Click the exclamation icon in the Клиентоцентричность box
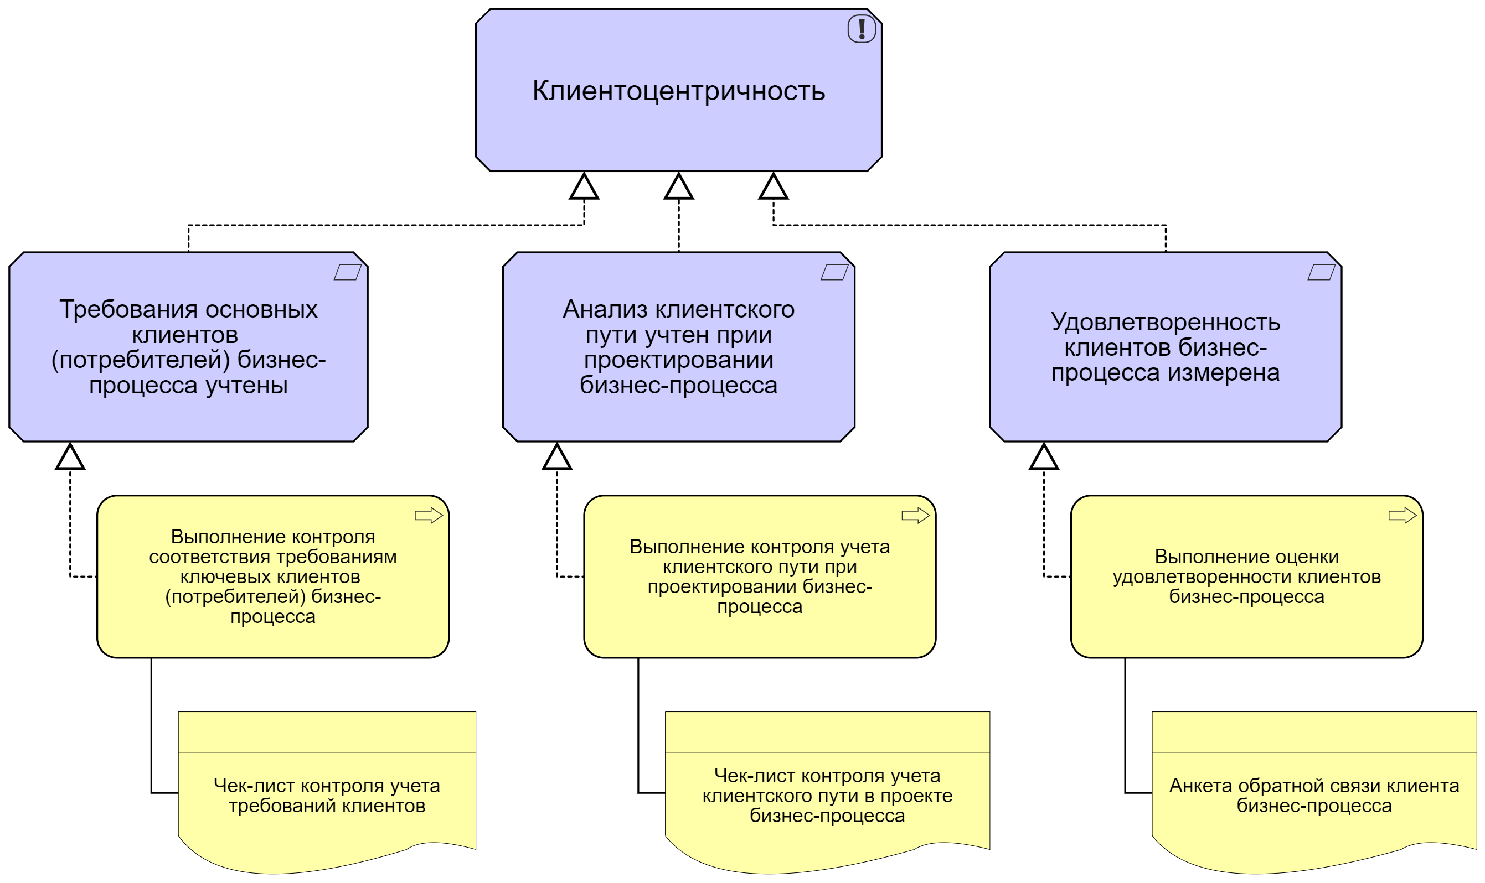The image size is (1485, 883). coord(861,29)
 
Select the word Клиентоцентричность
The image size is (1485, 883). coord(678,91)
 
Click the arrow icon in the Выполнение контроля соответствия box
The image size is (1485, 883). coord(428,515)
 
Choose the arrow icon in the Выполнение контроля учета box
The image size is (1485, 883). coord(915,515)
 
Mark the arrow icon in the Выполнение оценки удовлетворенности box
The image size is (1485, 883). coord(1401,515)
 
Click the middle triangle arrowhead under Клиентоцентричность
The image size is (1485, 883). coord(678,187)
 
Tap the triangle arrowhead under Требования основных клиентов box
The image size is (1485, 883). coord(70,458)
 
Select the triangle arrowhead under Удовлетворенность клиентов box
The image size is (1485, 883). coord(1043,458)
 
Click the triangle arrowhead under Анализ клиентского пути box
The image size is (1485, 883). coord(556,458)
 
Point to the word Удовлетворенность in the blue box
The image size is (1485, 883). coord(1166,322)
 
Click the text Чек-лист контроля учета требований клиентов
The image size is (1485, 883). coord(327,796)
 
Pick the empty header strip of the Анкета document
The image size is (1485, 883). coord(1314,732)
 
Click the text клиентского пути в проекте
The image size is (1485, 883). coord(827,796)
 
